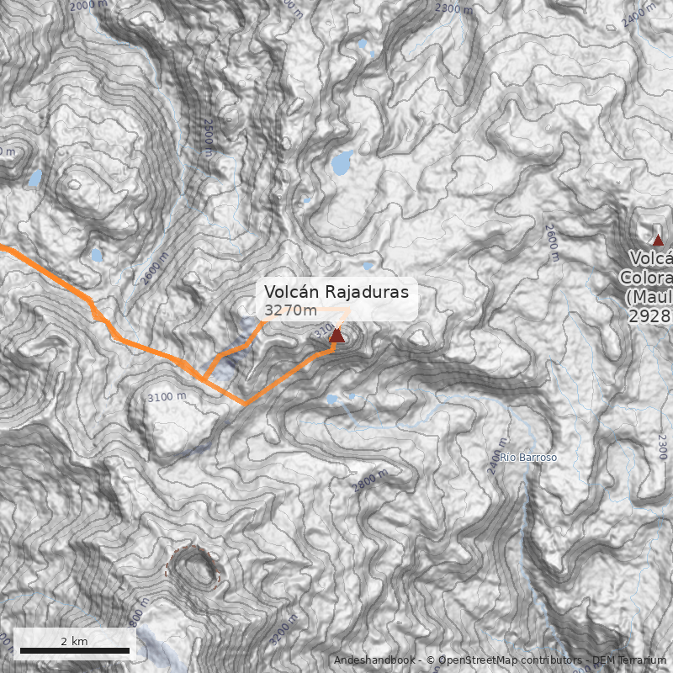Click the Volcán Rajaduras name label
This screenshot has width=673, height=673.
click(336, 291)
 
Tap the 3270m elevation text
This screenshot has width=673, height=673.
click(291, 311)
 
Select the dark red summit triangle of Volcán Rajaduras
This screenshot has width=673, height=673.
click(336, 336)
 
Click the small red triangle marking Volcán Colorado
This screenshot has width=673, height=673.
click(658, 240)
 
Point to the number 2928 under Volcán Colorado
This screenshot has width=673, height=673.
click(649, 316)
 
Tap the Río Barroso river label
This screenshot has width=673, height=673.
click(528, 458)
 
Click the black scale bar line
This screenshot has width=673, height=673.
click(74, 650)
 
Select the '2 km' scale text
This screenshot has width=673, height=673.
click(74, 641)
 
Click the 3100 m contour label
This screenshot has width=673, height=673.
click(166, 396)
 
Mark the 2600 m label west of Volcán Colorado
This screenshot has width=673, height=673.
click(553, 242)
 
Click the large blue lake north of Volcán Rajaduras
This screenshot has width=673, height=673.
click(342, 162)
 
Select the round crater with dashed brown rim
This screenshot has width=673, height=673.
click(193, 570)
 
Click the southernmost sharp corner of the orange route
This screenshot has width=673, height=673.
click(245, 403)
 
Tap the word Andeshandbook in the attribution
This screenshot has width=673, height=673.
click(374, 660)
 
